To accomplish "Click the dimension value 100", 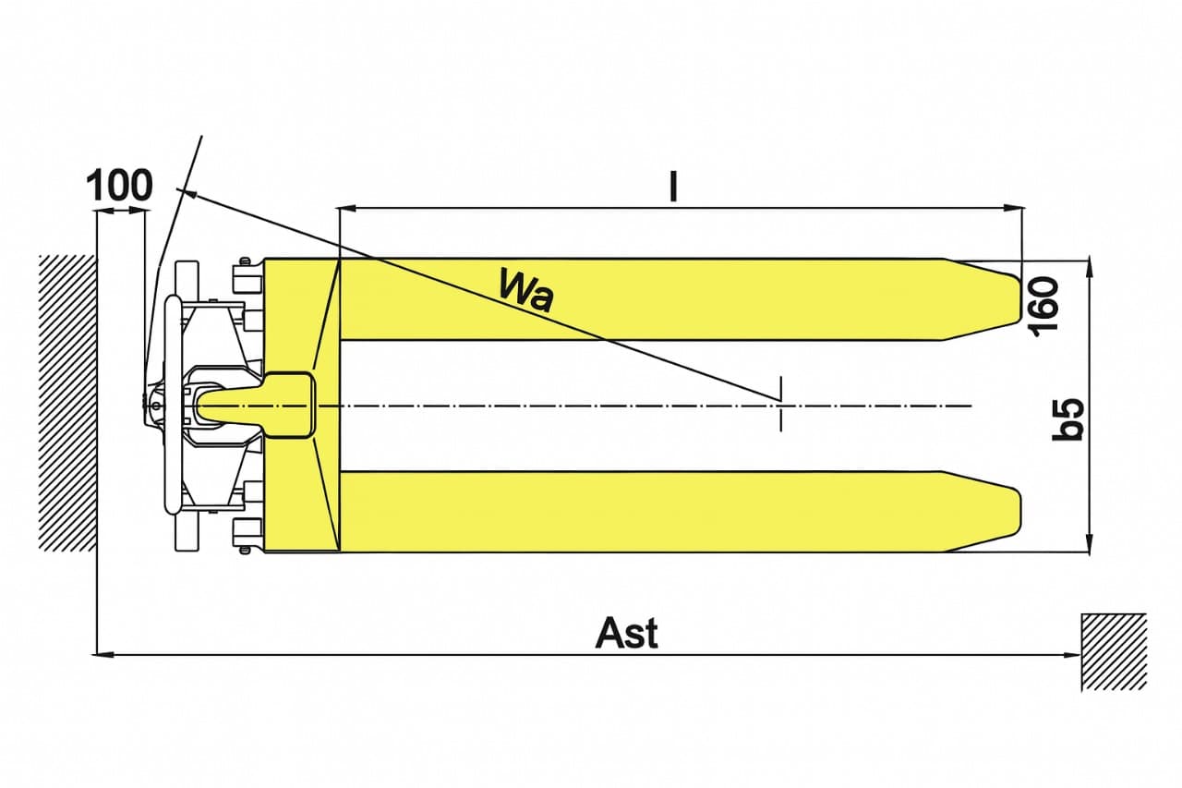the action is (119, 186).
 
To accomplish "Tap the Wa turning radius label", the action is (526, 290).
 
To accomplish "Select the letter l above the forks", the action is (673, 187).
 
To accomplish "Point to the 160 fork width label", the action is (1043, 307).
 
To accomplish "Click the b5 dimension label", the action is (1067, 419).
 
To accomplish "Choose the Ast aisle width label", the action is (627, 633).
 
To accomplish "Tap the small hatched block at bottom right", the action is (1114, 652).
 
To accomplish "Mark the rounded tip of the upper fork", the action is (1017, 298).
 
